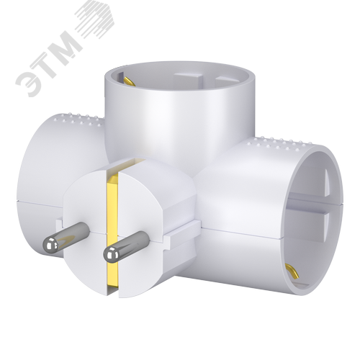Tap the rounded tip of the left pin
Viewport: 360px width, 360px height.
48,243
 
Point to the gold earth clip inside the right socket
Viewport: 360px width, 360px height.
292,271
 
